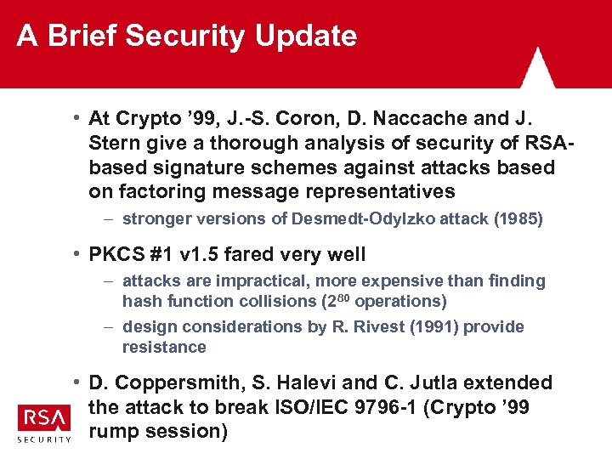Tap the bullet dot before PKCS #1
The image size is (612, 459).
76,253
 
